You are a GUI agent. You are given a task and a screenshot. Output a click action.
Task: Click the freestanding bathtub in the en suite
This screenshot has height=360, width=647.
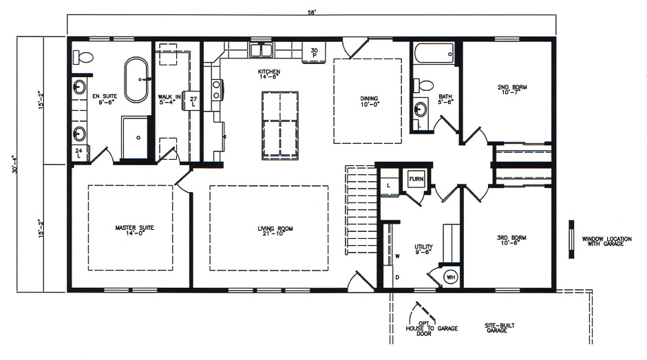[x=136, y=79]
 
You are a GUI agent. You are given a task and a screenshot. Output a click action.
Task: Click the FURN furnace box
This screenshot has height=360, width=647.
[x=416, y=180]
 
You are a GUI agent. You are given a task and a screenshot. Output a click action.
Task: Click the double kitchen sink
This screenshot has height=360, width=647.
[x=261, y=50]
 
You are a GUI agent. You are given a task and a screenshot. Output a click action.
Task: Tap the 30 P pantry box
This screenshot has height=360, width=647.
[x=314, y=52]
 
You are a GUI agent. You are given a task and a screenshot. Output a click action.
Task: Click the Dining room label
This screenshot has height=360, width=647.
[x=369, y=101]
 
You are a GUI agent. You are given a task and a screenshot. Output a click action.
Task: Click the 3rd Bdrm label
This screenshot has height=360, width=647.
[x=511, y=240]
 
